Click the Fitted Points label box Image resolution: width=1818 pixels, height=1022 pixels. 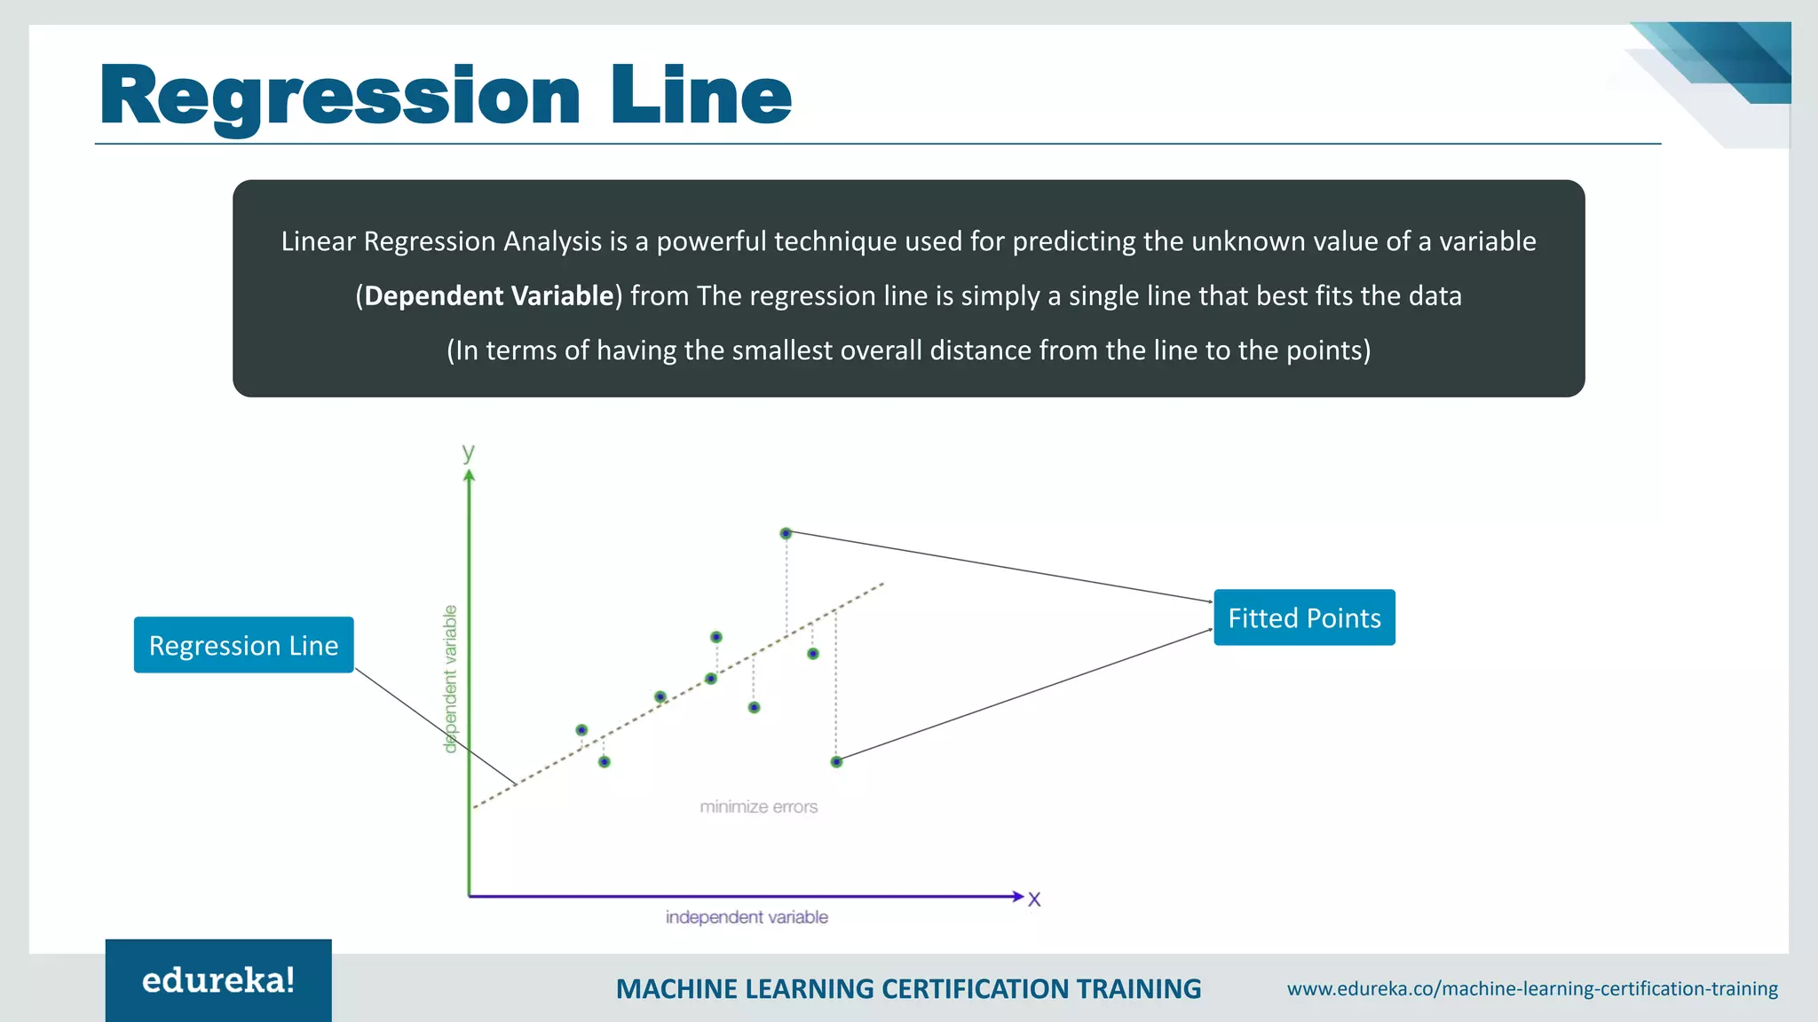click(1303, 617)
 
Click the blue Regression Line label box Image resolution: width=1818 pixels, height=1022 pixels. click(243, 645)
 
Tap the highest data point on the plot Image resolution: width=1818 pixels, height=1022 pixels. click(786, 533)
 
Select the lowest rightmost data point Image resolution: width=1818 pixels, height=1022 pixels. click(836, 761)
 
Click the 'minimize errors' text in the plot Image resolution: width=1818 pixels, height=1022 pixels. click(758, 806)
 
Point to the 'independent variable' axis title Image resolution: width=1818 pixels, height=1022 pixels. click(747, 916)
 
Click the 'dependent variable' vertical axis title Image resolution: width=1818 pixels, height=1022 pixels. click(450, 679)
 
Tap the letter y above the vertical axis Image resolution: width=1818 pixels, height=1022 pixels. click(468, 452)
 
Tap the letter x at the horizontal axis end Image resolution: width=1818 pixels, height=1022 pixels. click(1034, 899)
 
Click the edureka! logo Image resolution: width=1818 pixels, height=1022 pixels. click(218, 980)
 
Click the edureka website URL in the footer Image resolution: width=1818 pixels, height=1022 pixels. click(1532, 988)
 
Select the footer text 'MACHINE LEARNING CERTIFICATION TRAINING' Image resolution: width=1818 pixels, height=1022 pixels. click(908, 988)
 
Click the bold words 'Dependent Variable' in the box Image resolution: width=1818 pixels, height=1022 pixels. click(489, 295)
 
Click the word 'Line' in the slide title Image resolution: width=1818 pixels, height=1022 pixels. click(700, 95)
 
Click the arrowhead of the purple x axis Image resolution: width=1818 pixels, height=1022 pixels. click(1017, 896)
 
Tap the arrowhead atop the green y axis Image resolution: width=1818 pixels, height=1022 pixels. click(470, 476)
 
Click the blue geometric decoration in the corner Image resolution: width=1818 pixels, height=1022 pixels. click(1727, 62)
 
